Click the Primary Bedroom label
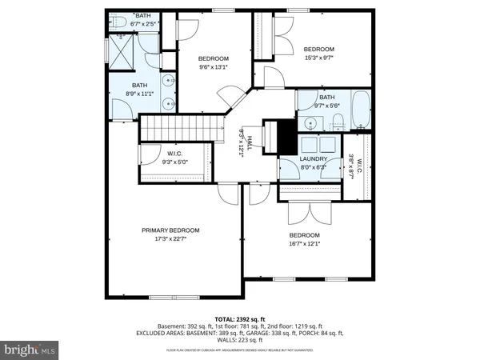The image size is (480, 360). (170, 230)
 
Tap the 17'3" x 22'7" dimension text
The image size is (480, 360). (170, 238)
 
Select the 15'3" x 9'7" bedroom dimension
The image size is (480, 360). (318, 57)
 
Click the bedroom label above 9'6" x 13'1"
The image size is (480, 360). (214, 58)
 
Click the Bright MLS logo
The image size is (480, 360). (30, 349)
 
